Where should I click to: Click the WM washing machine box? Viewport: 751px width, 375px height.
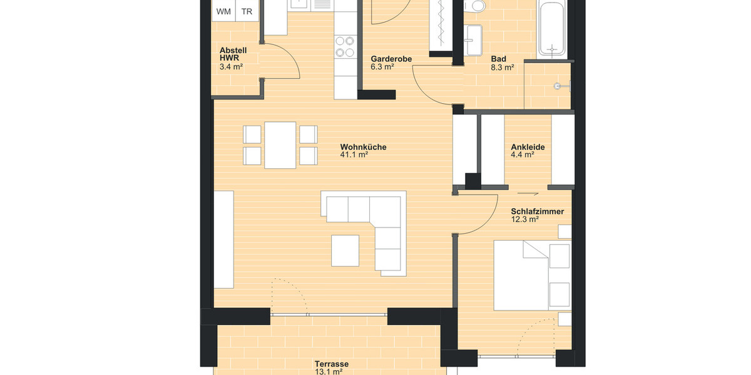223,11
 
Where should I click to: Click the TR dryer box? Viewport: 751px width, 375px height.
247,11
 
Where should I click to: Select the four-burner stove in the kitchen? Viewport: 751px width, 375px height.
345,47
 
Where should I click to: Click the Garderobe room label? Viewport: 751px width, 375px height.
391,59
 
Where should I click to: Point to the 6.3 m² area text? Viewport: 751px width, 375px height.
382,67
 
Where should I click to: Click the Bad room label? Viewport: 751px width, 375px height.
498,59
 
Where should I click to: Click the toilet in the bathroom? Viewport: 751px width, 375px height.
478,7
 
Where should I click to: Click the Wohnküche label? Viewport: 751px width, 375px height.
363,147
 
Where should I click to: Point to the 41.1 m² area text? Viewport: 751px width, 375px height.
354,156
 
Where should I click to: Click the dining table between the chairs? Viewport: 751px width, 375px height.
280,145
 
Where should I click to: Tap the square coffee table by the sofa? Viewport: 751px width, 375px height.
345,250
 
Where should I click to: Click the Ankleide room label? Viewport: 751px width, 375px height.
528,147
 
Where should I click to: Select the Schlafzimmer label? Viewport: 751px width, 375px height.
537,212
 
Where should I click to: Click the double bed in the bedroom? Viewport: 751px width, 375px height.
532,275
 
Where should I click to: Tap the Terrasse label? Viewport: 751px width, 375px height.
331,364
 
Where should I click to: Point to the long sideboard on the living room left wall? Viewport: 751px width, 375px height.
223,239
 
